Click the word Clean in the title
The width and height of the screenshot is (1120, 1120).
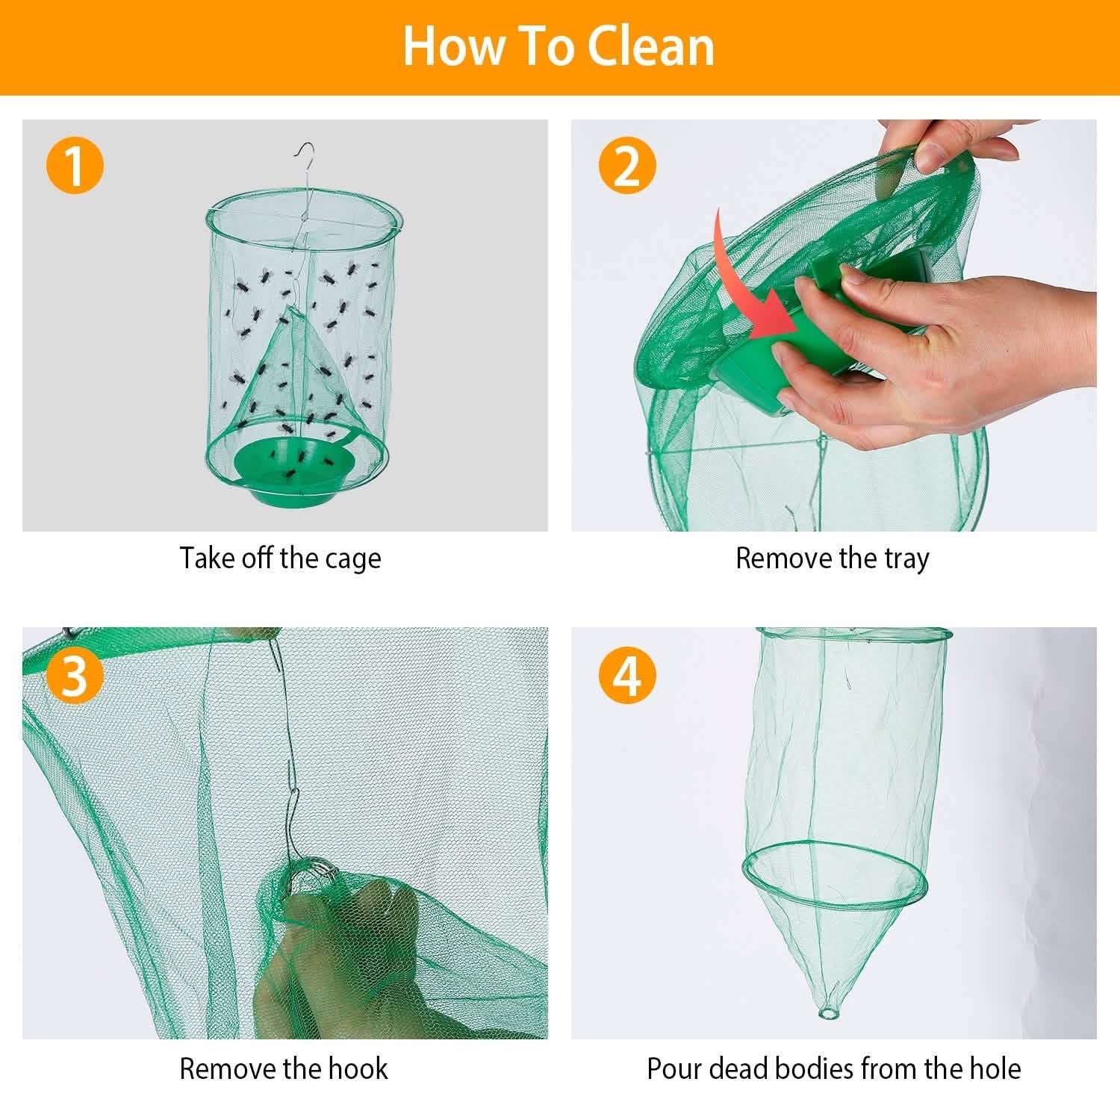click(x=650, y=46)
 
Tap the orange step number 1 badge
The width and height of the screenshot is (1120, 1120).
click(x=74, y=167)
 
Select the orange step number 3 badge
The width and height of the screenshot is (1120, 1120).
click(x=74, y=676)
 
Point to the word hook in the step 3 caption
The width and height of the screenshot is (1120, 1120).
click(x=361, y=1069)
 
